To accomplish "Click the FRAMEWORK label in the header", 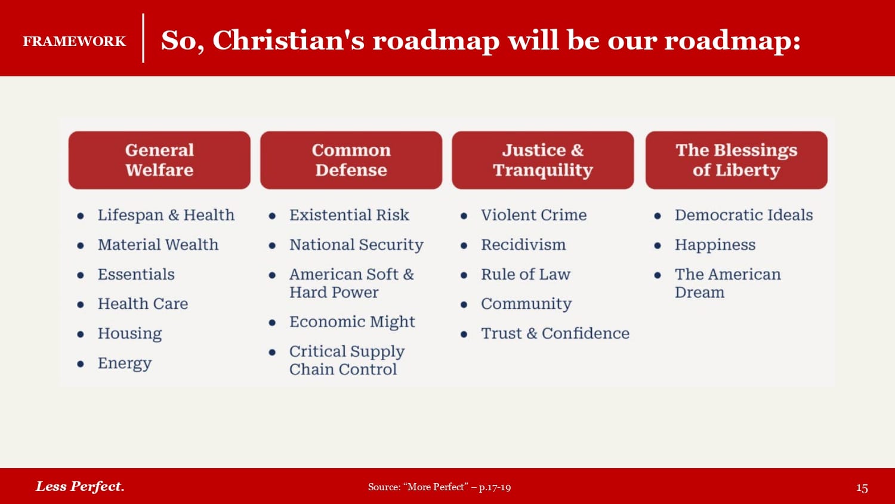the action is (x=75, y=41).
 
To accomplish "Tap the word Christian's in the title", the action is (x=288, y=41).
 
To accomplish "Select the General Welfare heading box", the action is (x=159, y=160).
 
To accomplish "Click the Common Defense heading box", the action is (x=351, y=160).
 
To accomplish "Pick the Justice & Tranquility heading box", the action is (x=543, y=160).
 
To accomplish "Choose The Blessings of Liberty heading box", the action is (x=736, y=160).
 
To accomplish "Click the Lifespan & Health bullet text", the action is (x=166, y=215).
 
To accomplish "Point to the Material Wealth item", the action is (x=158, y=245).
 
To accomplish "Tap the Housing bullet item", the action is (x=130, y=334).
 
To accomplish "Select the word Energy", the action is (x=125, y=363).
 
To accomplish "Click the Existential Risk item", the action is (x=349, y=215).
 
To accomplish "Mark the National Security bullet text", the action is (x=356, y=245).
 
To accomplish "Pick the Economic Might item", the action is (x=353, y=322).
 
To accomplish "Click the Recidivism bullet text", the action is (x=523, y=245).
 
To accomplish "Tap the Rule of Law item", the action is (x=526, y=275).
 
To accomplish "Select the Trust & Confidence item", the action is (x=555, y=334).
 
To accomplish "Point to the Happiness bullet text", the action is (x=715, y=245).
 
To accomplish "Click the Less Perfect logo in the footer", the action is (x=80, y=487).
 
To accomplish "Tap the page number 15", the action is (x=862, y=488).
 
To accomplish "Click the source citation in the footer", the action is (x=440, y=487).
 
